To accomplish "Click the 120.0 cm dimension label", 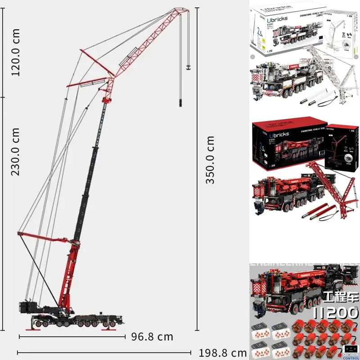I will (x=16, y=52).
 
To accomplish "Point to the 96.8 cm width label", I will (x=152, y=337).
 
